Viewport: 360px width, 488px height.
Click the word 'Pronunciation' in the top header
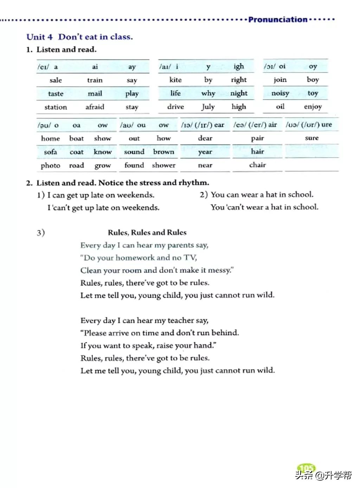(x=277, y=20)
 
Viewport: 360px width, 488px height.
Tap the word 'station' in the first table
(x=56, y=107)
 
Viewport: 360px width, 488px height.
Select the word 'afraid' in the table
(x=95, y=107)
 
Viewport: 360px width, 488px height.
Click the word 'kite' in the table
(x=175, y=80)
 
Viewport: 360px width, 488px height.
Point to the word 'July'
(x=208, y=107)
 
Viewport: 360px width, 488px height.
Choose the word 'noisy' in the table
(x=280, y=93)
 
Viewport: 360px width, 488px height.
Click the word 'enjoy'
(x=313, y=107)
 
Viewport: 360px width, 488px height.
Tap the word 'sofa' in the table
(x=50, y=152)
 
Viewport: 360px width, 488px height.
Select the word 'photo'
(x=50, y=165)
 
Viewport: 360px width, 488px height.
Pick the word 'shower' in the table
(x=163, y=165)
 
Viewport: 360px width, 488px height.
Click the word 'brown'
(x=163, y=152)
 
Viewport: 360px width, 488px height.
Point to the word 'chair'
(x=258, y=165)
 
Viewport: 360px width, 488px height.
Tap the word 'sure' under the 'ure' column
(x=312, y=138)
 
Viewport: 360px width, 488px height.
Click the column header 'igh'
(x=239, y=66)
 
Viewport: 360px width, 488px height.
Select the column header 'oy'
(x=313, y=66)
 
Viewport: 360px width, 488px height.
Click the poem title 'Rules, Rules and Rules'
(x=147, y=233)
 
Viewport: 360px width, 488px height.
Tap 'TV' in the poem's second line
(x=190, y=258)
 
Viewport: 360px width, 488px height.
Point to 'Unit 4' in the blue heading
(x=40, y=37)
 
